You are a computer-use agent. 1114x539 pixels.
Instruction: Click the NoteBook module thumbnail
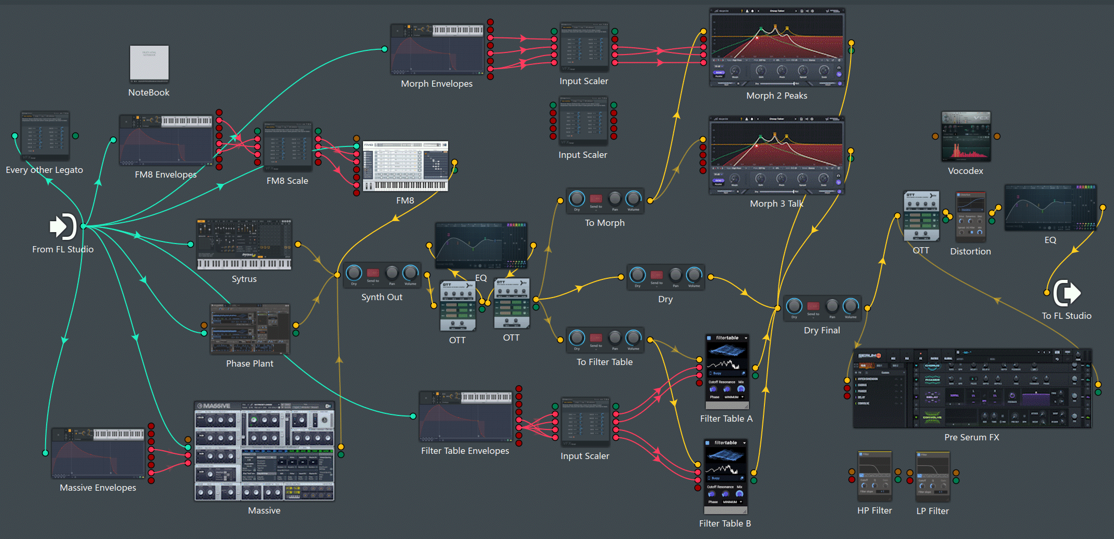click(x=149, y=64)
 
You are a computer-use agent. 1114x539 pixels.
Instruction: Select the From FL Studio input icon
click(x=63, y=226)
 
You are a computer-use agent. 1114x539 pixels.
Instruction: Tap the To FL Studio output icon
click(x=1067, y=293)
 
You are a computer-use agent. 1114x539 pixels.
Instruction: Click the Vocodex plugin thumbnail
click(x=966, y=137)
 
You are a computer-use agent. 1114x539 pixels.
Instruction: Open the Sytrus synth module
click(x=244, y=244)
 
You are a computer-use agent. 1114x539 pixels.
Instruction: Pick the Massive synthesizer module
click(x=264, y=451)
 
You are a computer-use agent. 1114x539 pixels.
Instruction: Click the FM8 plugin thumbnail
click(x=405, y=166)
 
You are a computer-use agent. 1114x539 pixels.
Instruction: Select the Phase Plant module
click(x=249, y=329)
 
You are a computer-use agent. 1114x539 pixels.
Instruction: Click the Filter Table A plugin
click(x=727, y=371)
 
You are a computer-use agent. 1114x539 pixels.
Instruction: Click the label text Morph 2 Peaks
click(x=776, y=96)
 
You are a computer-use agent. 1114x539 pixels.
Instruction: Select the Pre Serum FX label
click(x=971, y=437)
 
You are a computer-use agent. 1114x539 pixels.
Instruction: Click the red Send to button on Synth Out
click(x=373, y=273)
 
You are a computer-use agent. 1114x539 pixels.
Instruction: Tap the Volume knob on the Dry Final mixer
click(x=851, y=306)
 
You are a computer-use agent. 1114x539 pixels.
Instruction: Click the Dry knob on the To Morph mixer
click(x=577, y=198)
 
